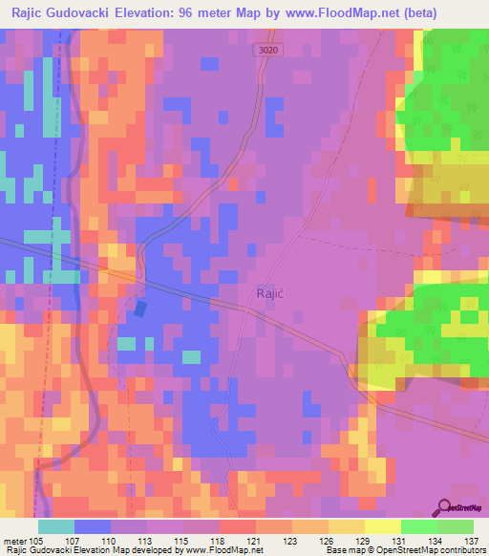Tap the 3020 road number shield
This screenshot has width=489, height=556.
268,51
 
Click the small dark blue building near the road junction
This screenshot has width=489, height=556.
141,309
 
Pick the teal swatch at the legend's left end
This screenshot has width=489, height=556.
55,526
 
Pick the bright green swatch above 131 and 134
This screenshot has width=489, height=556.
418,526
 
